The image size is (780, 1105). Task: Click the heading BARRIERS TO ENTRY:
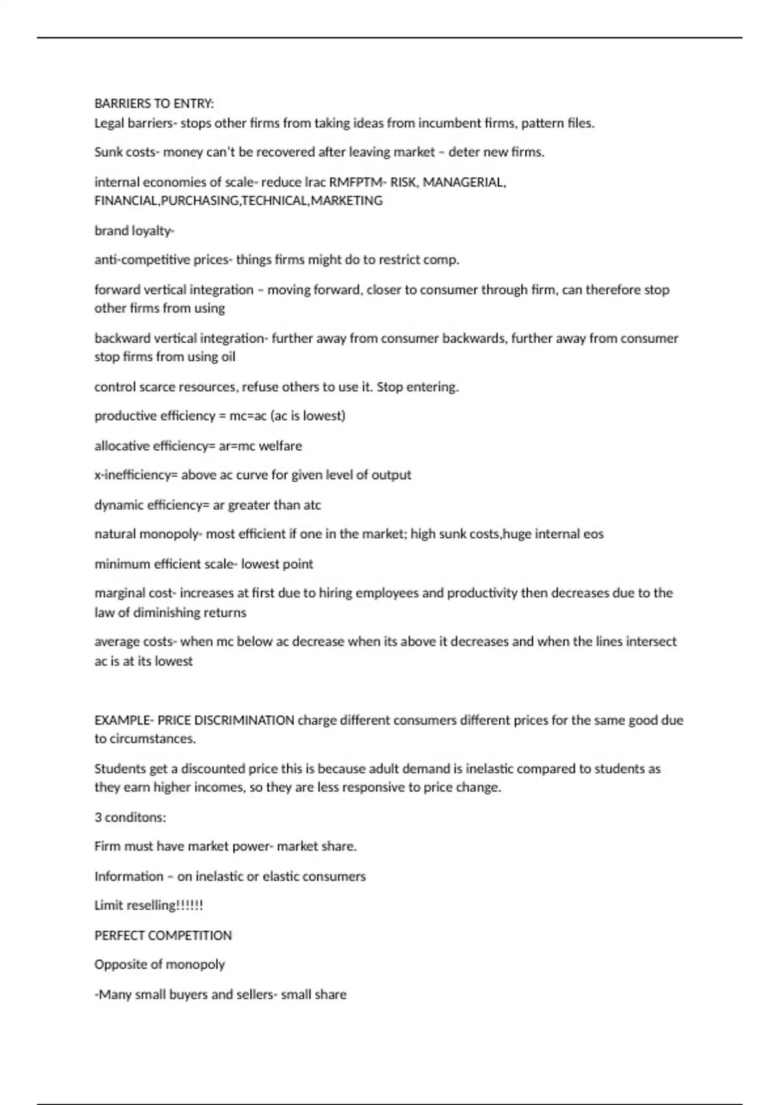[154, 103]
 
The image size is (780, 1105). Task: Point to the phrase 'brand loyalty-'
[135, 231]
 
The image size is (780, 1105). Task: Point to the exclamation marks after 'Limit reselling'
[190, 905]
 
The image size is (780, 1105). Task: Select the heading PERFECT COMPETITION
[163, 935]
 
